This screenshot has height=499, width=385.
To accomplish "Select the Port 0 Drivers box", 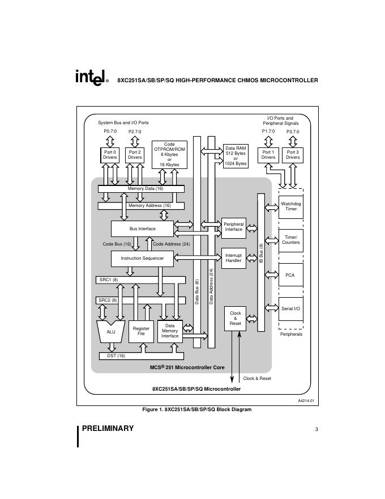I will click(110, 155).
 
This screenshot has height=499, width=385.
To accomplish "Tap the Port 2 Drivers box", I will click(135, 155).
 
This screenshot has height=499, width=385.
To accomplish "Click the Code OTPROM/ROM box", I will click(169, 154).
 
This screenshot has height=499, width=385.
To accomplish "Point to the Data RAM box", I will click(236, 155).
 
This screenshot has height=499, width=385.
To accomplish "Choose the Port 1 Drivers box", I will click(268, 155).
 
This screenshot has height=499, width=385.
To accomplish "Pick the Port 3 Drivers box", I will click(293, 155).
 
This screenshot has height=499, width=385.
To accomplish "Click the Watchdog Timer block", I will click(291, 206).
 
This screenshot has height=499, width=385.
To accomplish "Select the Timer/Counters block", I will click(291, 240).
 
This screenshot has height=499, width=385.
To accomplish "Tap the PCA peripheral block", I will click(291, 274).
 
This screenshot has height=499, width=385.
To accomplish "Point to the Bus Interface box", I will click(142, 229).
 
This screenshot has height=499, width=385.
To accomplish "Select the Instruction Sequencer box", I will click(142, 258).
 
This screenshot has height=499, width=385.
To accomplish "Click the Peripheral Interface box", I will click(233, 227).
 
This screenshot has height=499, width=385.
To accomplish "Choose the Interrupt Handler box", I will click(233, 258).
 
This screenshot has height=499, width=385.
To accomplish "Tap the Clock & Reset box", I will click(236, 318).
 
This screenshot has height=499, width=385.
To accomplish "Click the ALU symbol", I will click(111, 332).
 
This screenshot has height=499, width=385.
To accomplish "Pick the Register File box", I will click(141, 331).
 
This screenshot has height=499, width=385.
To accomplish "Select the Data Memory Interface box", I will click(170, 331).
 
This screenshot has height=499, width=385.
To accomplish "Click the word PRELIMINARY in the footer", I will click(108, 429).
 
